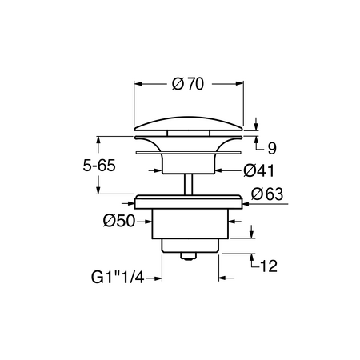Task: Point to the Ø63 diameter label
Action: click(267, 194)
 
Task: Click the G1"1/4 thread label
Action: click(119, 279)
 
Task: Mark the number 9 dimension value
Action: click(271, 148)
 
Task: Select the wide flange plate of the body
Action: click(188, 200)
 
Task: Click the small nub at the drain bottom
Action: click(188, 256)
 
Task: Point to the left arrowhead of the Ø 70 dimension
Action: click(137, 82)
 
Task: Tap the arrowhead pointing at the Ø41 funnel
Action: click(218, 170)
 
